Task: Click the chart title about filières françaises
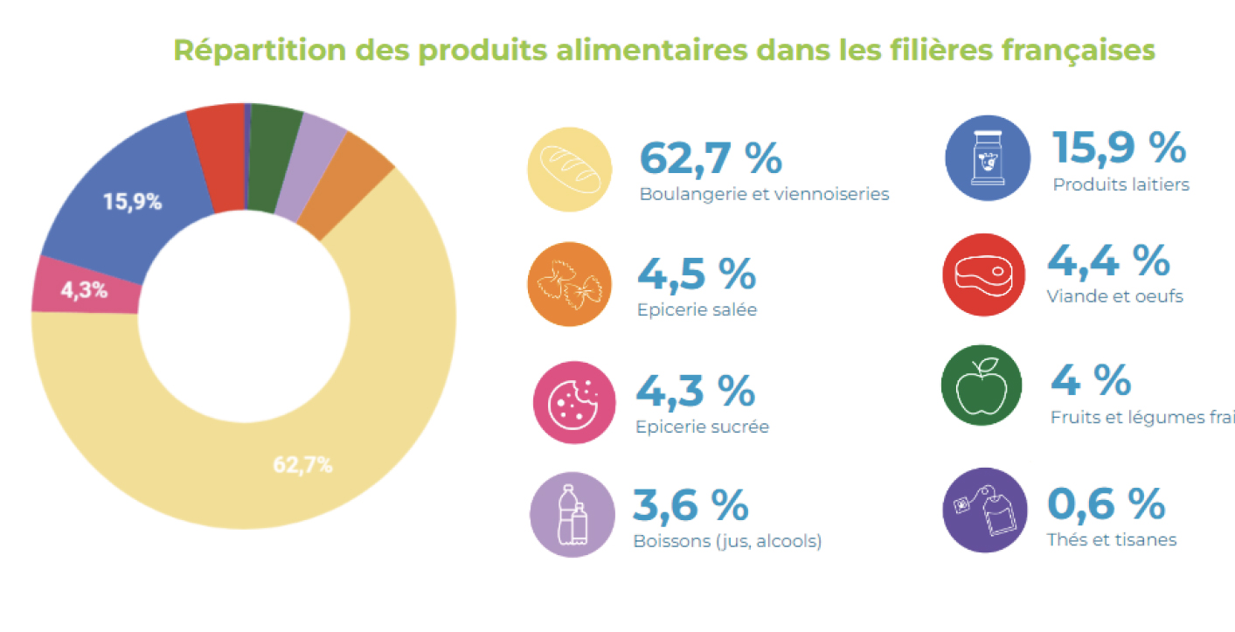coord(664,50)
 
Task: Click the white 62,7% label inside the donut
coord(302,465)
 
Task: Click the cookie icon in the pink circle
coord(574,403)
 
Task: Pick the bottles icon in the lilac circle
coord(571,514)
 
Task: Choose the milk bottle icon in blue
coord(988,158)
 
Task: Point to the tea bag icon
coord(985,510)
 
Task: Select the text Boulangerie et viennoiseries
coord(764,194)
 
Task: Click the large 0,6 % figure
coord(1106,504)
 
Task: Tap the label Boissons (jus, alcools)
coord(727,541)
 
